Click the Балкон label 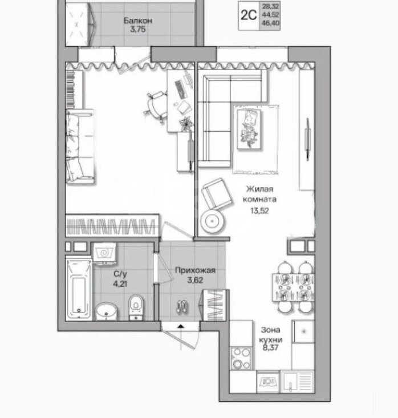137,21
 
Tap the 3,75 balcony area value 138,29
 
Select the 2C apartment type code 249,15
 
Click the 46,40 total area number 271,23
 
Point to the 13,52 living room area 259,211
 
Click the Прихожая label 195,270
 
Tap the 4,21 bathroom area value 120,283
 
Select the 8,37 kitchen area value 270,347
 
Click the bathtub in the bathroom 79,289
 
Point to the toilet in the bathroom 136,307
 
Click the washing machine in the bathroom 104,254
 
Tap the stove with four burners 241,358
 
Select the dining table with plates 293,287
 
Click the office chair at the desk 156,105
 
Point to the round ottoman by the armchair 212,221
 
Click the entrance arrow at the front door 181,326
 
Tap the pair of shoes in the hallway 182,307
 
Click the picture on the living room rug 249,129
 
